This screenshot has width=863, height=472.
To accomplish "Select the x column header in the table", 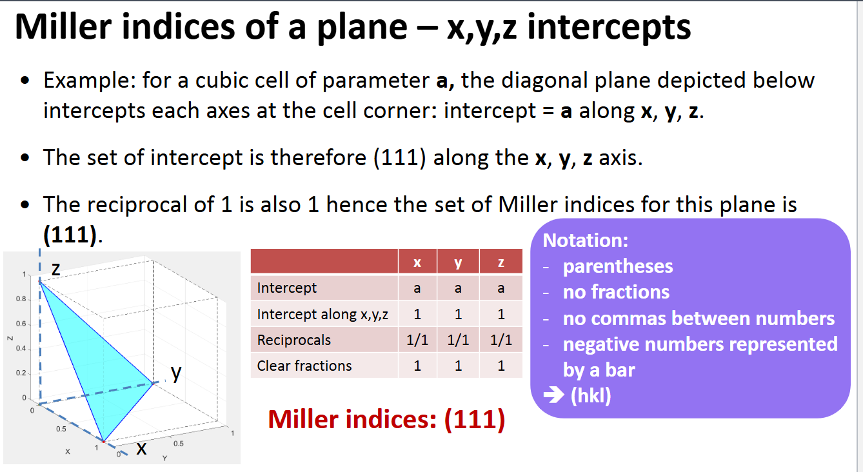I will [x=417, y=262].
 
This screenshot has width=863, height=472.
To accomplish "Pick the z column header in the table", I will [x=501, y=262].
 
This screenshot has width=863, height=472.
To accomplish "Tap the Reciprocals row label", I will [x=293, y=340].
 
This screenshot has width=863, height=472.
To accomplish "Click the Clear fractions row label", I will [x=304, y=366].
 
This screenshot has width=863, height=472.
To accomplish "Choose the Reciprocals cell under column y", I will [x=458, y=340].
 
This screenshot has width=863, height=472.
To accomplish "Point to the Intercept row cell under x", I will [x=417, y=288].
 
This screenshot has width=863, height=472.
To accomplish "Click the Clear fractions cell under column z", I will [x=501, y=366].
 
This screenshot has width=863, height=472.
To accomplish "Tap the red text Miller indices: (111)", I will [x=386, y=419].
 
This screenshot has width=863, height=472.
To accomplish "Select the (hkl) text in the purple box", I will [x=591, y=395].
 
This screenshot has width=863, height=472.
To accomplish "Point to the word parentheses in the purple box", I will [x=618, y=266].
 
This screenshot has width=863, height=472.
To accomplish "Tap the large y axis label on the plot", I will [x=175, y=373].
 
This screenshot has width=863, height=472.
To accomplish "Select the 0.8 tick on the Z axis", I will [x=21, y=300].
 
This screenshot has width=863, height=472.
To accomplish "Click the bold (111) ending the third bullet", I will [x=69, y=234].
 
